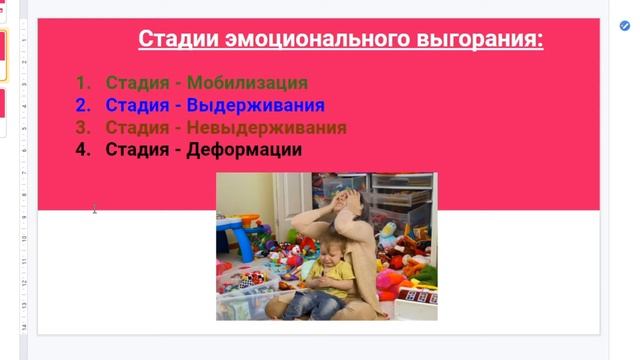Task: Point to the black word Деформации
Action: click(x=246, y=150)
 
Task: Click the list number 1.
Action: click(x=82, y=83)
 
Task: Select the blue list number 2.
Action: click(x=82, y=105)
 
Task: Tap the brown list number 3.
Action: click(x=82, y=128)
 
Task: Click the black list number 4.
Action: click(x=82, y=150)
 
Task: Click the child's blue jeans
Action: click(x=320, y=303)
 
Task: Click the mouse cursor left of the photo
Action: click(x=94, y=209)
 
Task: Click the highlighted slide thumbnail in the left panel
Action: click(x=2, y=56)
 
